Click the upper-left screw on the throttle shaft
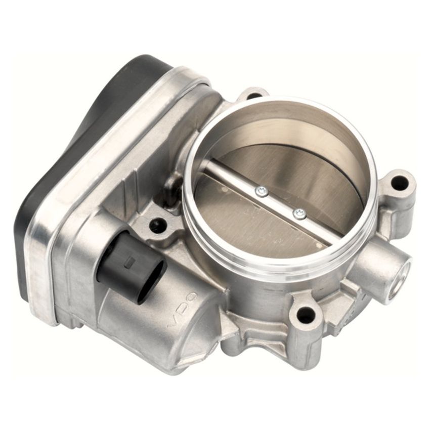pyautogui.click(x=261, y=191)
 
